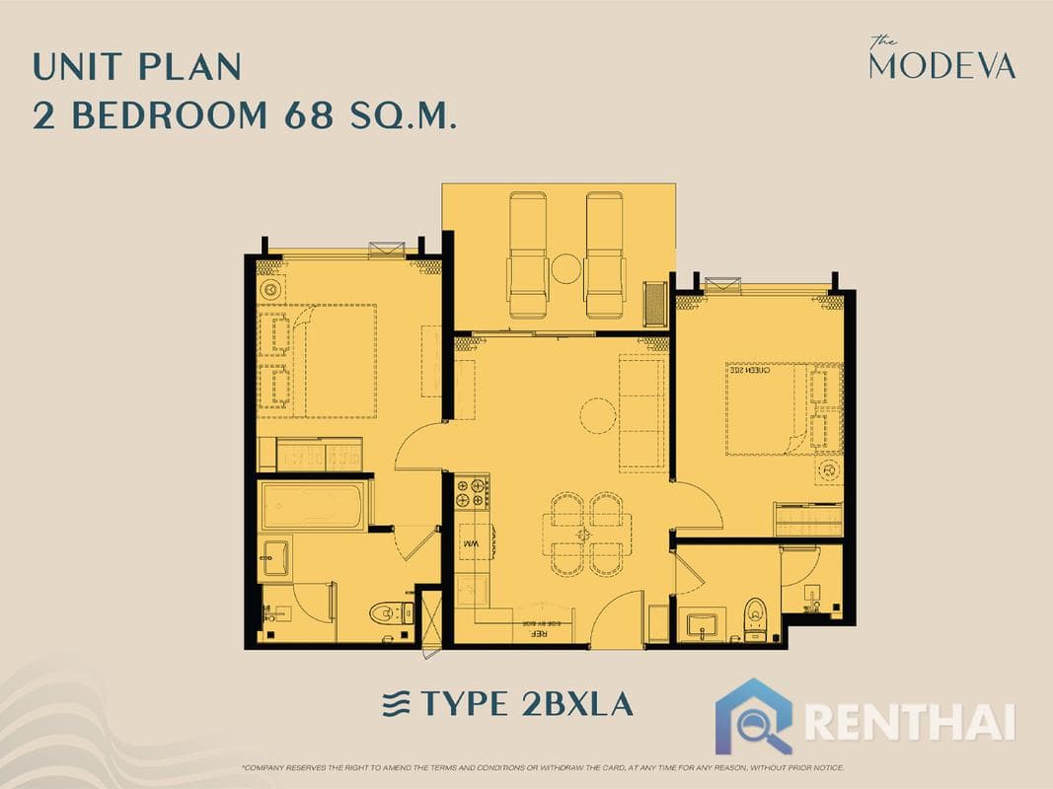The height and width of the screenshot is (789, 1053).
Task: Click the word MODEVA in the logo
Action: (941, 65)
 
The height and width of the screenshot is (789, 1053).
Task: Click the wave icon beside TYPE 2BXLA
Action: (396, 704)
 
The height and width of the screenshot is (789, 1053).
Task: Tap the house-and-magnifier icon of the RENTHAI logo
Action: (754, 715)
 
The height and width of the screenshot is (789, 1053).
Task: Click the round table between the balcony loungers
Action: (566, 267)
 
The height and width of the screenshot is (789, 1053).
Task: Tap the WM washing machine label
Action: (471, 543)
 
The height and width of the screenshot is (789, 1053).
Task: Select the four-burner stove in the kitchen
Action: (472, 492)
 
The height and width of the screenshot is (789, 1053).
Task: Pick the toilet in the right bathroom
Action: (755, 617)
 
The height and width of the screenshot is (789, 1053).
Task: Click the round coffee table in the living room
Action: (597, 414)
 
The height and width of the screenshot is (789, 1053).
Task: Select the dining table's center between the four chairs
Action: (586, 534)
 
